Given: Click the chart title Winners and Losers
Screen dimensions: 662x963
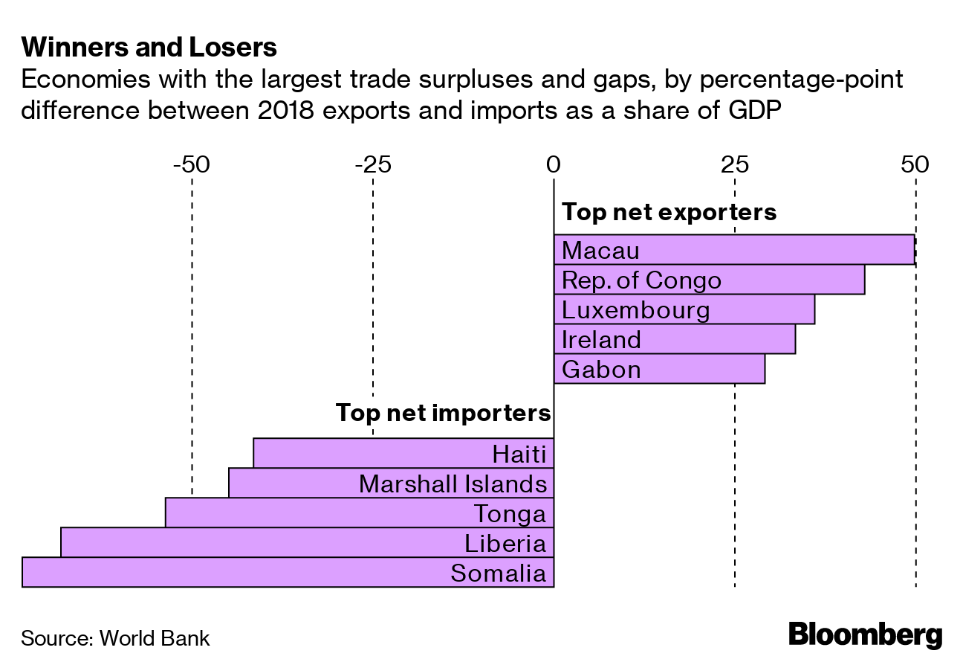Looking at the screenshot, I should point(149,48).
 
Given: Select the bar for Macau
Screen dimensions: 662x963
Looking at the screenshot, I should point(734,249).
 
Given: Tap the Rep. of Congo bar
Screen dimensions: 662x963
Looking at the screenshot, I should point(709,280).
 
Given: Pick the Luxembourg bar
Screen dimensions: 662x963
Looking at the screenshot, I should point(684,309).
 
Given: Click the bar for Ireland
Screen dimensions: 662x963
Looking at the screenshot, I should point(675,339).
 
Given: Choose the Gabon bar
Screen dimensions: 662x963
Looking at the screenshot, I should point(659,369).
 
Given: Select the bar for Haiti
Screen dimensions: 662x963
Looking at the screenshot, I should point(403,453).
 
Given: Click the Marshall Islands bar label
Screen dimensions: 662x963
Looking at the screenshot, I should point(453,484).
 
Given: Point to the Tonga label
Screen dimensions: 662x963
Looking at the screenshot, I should point(510,514).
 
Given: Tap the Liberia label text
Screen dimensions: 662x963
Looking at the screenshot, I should point(505,543).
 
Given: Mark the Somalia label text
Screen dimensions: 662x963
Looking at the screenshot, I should point(498,573).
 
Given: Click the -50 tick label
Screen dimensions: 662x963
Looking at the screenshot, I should point(192,164).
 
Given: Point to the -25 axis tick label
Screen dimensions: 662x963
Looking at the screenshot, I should point(372,164).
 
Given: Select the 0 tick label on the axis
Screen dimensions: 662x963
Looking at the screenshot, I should point(554,164).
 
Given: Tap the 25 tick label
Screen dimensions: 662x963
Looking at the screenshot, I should point(734,164).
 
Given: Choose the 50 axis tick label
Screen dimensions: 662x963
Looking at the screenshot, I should point(915,164).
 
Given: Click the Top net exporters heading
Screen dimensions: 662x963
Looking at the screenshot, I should point(669,212).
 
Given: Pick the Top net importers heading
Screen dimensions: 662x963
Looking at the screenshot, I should point(443,413).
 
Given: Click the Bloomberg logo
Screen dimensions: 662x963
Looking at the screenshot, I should point(865,635).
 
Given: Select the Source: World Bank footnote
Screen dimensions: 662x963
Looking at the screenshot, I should point(115,638).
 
